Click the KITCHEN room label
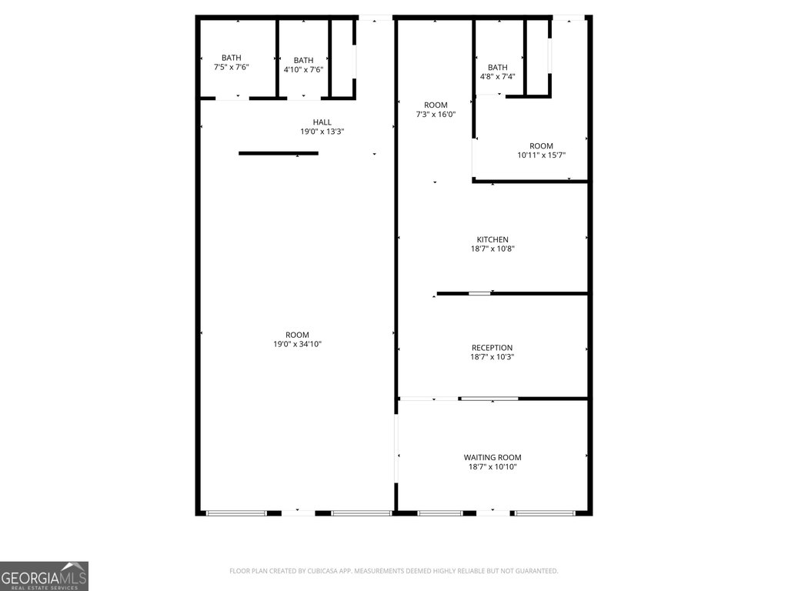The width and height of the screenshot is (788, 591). (x=492, y=240)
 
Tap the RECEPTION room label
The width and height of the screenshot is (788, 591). (x=492, y=348)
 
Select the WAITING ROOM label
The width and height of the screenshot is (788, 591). (x=492, y=457)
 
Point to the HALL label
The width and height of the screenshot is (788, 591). (x=322, y=122)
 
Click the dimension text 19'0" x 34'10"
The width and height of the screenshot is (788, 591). (x=297, y=344)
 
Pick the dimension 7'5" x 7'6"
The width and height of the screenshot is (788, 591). (x=231, y=67)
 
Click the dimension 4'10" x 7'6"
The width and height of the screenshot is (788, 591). (x=303, y=69)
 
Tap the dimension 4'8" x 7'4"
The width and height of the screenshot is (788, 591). (x=498, y=76)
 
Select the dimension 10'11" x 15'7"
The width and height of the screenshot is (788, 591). (x=541, y=155)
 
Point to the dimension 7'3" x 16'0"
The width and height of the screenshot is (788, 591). (x=436, y=114)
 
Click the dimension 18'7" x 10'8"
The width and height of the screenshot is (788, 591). (x=492, y=249)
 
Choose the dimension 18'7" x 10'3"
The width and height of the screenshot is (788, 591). (x=492, y=357)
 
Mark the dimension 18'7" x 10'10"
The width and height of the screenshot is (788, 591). (x=492, y=466)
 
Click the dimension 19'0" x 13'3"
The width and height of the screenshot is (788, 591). (x=322, y=131)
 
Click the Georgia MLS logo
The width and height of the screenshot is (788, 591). (x=44, y=576)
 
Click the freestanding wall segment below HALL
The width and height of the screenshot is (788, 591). (x=279, y=153)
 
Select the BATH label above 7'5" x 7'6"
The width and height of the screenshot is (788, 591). (x=231, y=58)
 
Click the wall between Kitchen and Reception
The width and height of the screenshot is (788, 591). (x=513, y=293)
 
